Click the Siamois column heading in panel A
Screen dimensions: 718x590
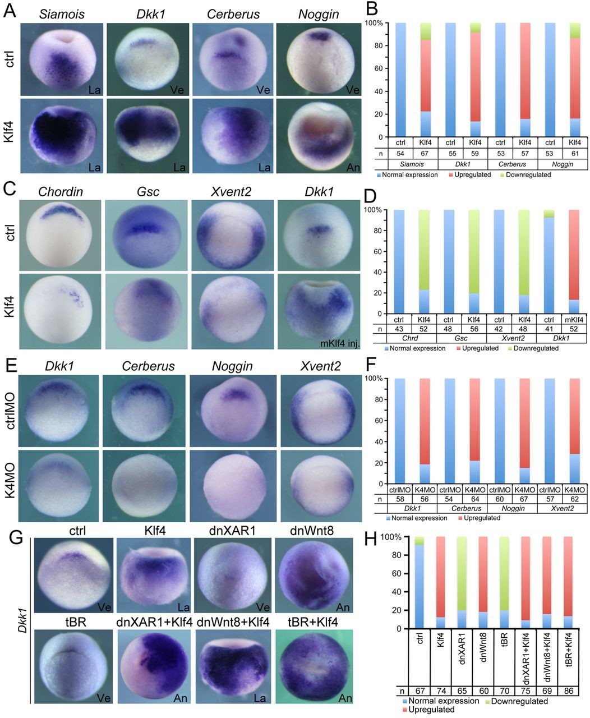[x=61, y=13]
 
